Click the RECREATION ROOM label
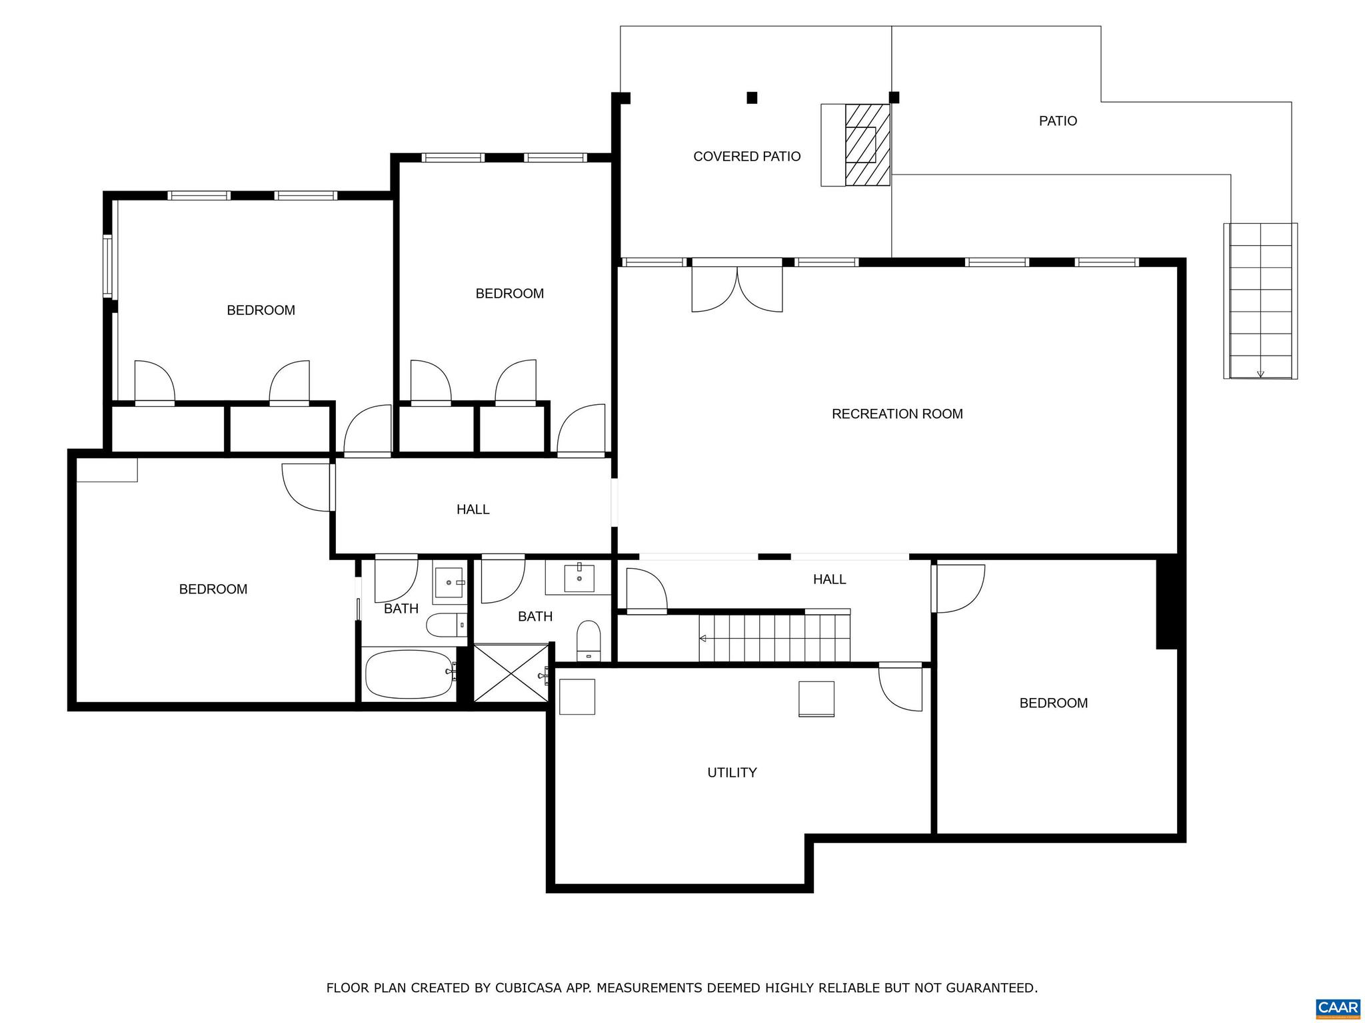[897, 414]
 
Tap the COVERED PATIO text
[746, 157]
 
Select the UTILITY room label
[732, 773]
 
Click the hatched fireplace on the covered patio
[867, 145]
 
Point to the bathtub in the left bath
[409, 674]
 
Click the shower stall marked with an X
[511, 673]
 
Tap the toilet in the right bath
[589, 640]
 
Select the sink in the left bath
[449, 583]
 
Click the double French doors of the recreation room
[737, 288]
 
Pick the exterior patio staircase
[1260, 301]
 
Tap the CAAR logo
[1338, 1007]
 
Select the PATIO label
[1058, 121]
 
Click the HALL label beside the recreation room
[829, 579]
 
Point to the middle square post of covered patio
[752, 98]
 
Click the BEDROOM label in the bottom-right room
[1053, 703]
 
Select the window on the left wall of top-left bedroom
[107, 266]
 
